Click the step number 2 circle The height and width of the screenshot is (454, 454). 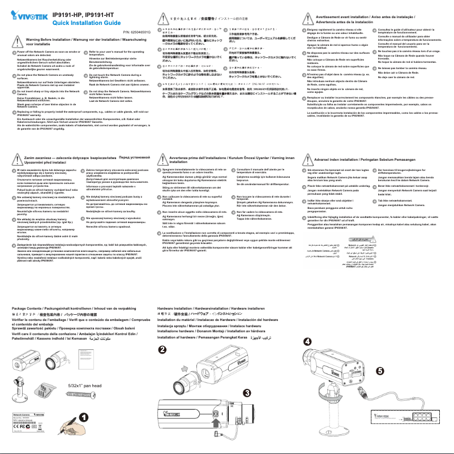tap(162, 350)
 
